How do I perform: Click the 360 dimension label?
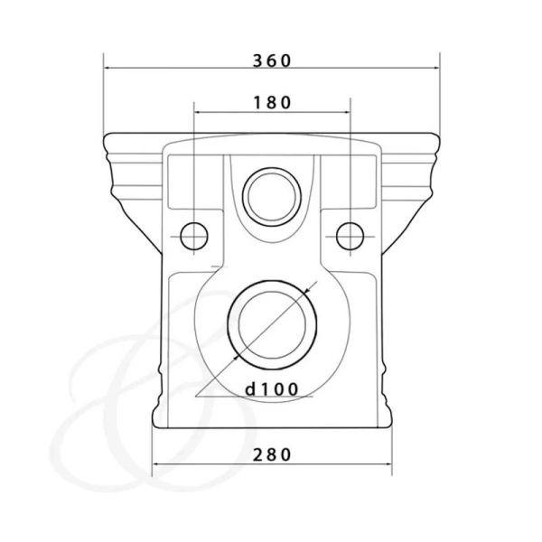(x=272, y=61)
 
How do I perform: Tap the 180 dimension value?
(x=273, y=103)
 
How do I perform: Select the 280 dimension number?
(x=272, y=455)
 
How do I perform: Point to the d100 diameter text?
(x=272, y=389)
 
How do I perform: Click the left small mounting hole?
(x=194, y=236)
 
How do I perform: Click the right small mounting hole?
(x=350, y=236)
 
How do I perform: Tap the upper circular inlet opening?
(x=272, y=197)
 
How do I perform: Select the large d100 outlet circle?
(x=272, y=325)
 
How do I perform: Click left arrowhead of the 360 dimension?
(x=107, y=68)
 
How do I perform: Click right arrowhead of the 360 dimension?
(x=436, y=68)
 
